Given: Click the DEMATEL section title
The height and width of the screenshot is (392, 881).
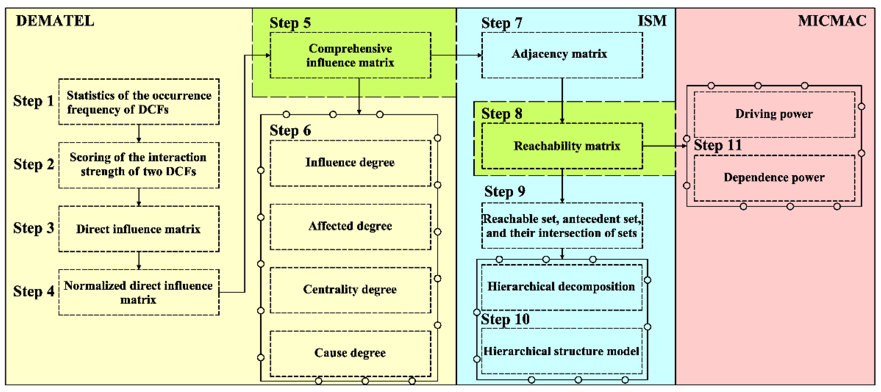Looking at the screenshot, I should tap(55, 21).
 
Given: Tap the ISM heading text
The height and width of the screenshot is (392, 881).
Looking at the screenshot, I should tap(652, 21).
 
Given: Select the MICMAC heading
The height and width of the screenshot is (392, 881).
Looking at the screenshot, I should tap(832, 21).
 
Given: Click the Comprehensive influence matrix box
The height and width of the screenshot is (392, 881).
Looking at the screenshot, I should tap(350, 55).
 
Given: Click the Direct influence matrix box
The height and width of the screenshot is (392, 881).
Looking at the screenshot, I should tap(139, 229).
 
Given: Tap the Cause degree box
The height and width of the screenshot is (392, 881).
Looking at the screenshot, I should tap(350, 353).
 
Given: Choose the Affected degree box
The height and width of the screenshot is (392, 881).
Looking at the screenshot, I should tap(350, 226).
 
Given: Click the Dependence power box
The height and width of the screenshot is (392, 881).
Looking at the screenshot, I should tap(774, 178).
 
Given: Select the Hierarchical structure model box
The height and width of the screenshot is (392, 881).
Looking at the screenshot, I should tap(562, 351).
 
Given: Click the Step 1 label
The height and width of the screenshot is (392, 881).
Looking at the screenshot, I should tap(33, 101).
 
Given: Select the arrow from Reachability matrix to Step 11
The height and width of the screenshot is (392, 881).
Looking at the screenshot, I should tap(664, 146).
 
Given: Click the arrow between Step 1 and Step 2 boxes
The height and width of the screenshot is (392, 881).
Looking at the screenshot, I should tap(139, 133).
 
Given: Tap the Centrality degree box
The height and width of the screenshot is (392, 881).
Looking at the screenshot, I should tap(350, 290).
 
